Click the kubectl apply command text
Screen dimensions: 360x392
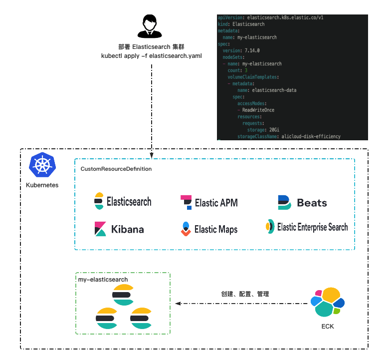pyautogui.click(x=152, y=55)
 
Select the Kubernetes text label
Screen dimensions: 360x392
pyautogui.click(x=42, y=185)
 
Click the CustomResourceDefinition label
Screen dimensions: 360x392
pyautogui.click(x=116, y=169)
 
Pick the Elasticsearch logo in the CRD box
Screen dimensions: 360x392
pyautogui.click(x=99, y=201)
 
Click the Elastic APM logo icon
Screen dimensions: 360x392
pyautogui.click(x=186, y=202)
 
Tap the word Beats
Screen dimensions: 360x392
pyautogui.click(x=312, y=203)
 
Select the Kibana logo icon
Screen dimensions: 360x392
pyautogui.click(x=100, y=229)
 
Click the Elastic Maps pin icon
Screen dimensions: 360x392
pyautogui.click(x=185, y=229)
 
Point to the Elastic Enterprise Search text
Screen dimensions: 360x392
pyautogui.click(x=312, y=227)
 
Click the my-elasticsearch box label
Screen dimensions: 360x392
pyautogui.click(x=103, y=280)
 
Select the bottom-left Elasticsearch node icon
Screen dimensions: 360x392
pyautogui.click(x=106, y=318)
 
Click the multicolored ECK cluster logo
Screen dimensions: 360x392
pyautogui.click(x=327, y=303)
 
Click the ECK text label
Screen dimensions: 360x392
pyautogui.click(x=327, y=327)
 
